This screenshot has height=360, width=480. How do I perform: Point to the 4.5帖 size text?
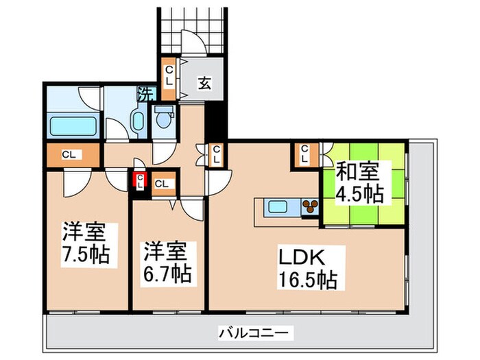point(359,193)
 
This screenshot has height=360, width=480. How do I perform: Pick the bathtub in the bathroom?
point(73,127)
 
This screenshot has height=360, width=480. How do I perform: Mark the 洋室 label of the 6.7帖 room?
point(165,250)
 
